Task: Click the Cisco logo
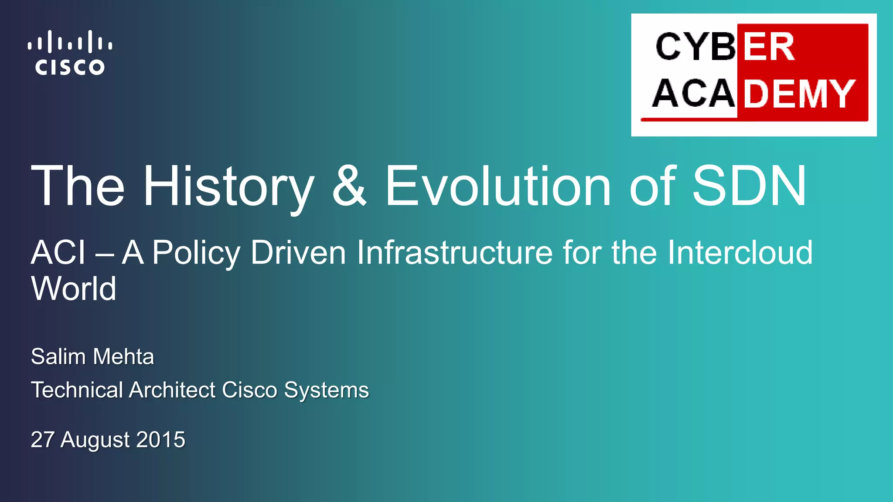coord(70,53)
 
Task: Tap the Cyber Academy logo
coord(753,75)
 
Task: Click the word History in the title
coord(228,187)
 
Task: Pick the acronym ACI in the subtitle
coord(58,252)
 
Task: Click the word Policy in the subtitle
coord(196,253)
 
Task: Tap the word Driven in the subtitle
coord(298,252)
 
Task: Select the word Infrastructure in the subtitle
coord(455,252)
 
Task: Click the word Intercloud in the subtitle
coord(740,252)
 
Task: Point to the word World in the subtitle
coord(74,288)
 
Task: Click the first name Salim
coord(58,356)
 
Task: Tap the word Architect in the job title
coord(172,390)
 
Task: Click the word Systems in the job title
coord(326,390)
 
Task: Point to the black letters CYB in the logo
coord(696,47)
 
